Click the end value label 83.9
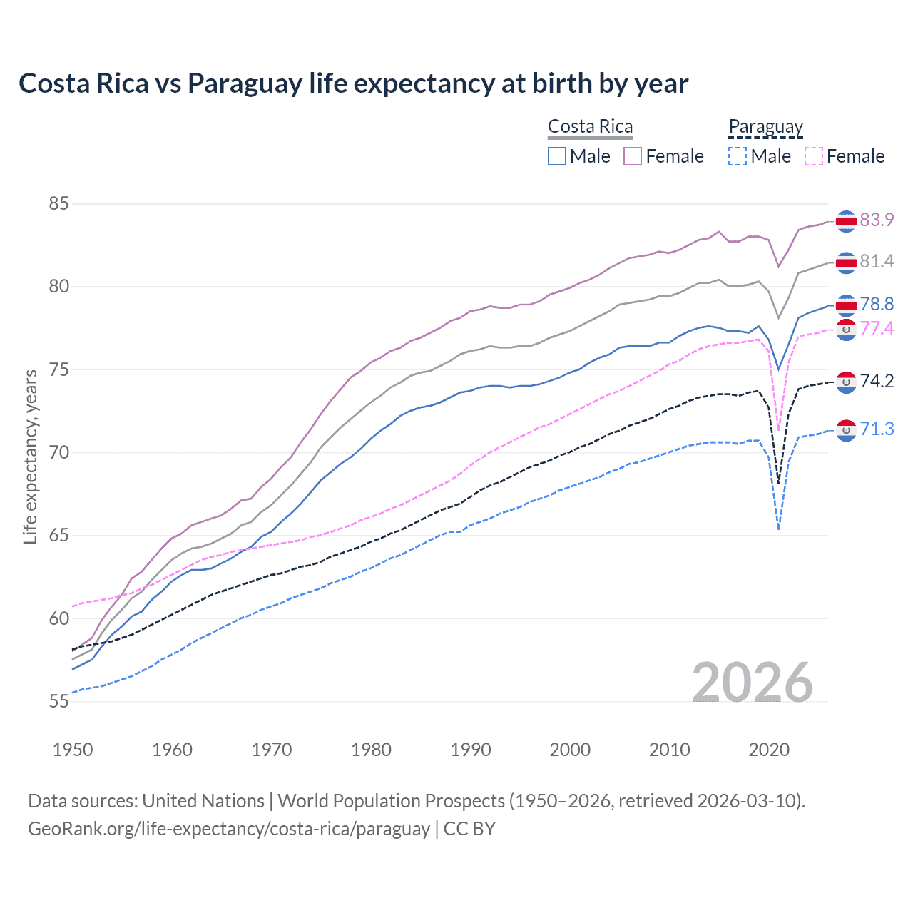click(877, 220)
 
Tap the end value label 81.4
click(877, 261)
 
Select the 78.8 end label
click(877, 304)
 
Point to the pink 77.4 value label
click(877, 328)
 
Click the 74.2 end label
click(877, 381)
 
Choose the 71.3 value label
click(877, 429)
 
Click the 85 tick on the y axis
click(58, 204)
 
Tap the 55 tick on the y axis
click(58, 701)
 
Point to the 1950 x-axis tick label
click(73, 750)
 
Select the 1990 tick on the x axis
click(471, 750)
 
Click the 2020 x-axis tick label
click(769, 750)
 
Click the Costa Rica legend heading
click(590, 126)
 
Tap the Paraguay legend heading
click(765, 126)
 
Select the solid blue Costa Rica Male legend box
click(557, 156)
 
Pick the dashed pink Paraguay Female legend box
click(814, 156)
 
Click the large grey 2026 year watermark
click(752, 683)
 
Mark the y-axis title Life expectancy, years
click(30, 456)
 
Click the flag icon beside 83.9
click(846, 222)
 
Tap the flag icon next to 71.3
click(846, 430)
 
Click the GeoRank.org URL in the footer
click(228, 829)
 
